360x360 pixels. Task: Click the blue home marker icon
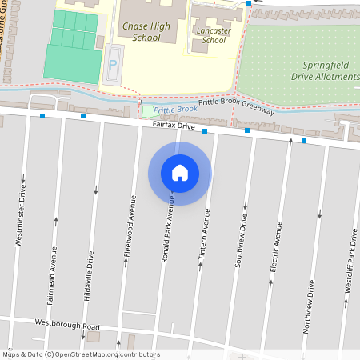click(179, 172)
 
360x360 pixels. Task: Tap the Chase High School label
click(146, 32)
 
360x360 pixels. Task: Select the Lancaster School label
click(214, 34)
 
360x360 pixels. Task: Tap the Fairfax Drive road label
click(170, 126)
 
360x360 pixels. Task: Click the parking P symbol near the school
click(113, 62)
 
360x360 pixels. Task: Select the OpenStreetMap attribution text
click(81, 354)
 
